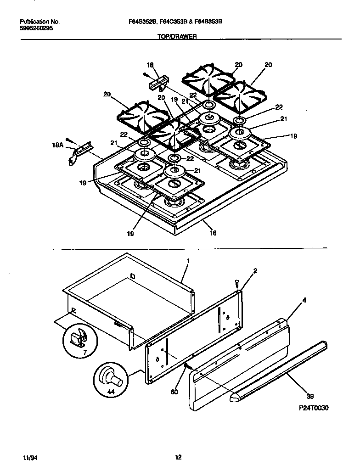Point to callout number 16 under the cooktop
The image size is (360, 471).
coord(213,233)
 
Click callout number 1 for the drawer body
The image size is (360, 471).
coord(188,260)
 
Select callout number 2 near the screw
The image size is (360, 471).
coord(255,271)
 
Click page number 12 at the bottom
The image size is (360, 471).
coord(179,457)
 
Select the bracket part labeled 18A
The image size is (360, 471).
coord(78,151)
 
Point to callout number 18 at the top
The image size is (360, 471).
coord(150,65)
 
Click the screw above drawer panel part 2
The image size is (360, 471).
coord(236,284)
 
